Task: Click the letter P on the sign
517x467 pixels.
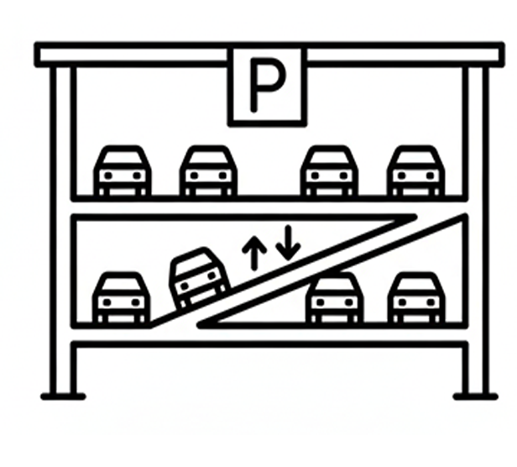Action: coord(268,85)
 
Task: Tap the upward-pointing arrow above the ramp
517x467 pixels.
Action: coord(253,253)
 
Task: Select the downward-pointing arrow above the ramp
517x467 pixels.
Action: coord(289,244)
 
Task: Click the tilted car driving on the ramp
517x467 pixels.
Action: coord(200,278)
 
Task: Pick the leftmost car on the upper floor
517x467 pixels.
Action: coord(123,171)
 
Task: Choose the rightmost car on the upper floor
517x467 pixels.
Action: coord(415,171)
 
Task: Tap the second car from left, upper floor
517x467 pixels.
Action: coord(208,171)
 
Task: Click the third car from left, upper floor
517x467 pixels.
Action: coord(329,171)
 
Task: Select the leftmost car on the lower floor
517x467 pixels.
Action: coord(122,297)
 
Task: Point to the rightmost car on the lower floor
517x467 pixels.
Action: coord(416,297)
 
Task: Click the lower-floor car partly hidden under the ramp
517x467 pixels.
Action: coord(335,297)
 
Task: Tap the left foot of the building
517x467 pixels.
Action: coord(63,396)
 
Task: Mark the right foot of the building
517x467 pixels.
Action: coord(475,396)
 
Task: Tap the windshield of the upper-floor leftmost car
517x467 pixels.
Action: coord(123,157)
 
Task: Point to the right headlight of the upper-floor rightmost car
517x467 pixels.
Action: coord(430,176)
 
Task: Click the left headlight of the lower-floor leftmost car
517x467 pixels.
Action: coord(107,302)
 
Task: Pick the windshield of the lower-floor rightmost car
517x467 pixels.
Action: coord(416,284)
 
